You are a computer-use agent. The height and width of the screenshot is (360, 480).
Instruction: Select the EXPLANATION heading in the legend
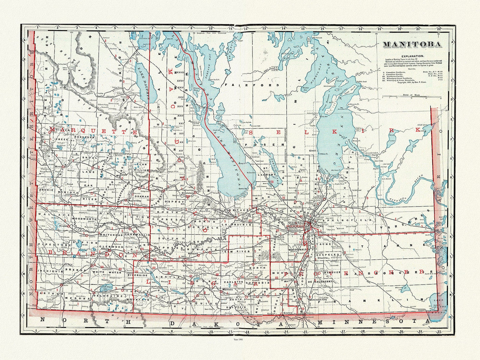[412, 56]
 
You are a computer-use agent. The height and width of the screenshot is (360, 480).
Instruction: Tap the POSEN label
[261, 145]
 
